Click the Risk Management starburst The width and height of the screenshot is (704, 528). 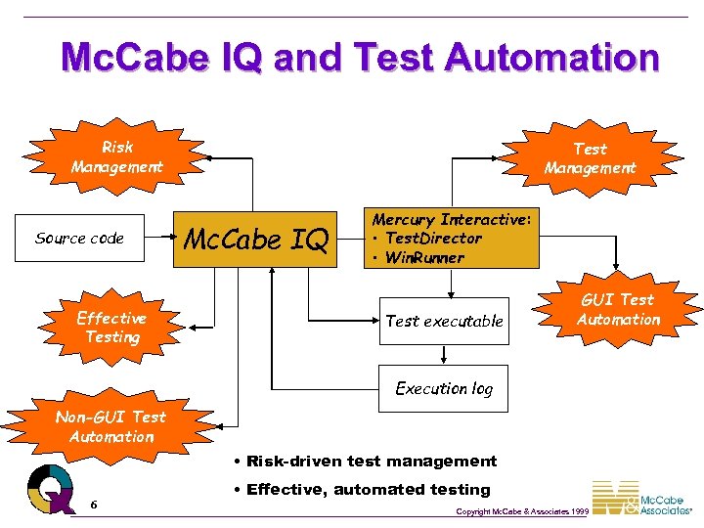pos(116,157)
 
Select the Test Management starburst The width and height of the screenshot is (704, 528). pos(590,158)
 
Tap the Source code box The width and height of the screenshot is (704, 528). pos(79,239)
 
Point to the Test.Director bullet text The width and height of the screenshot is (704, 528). pos(433,239)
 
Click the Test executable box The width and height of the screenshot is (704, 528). pos(445,321)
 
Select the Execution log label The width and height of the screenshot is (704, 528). pos(444,388)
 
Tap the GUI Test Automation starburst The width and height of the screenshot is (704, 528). pos(618,310)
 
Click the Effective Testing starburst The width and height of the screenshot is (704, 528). pos(111,328)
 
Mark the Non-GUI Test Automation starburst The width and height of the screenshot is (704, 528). pos(110,427)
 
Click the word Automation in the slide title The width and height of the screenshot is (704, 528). pos(551,58)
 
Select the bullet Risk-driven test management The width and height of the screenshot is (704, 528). pos(366,462)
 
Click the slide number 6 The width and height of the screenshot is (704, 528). pos(93,505)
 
